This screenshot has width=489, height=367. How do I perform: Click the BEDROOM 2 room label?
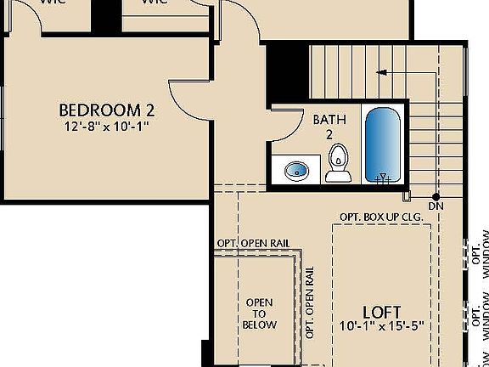[x=106, y=110]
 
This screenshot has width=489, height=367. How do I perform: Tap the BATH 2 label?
[x=329, y=127]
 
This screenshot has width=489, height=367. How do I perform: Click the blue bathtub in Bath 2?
[x=383, y=144]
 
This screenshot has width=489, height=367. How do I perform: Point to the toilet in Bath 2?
[x=338, y=161]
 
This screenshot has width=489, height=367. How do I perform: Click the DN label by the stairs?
[x=436, y=206]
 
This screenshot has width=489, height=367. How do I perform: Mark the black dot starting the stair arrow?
[x=436, y=195]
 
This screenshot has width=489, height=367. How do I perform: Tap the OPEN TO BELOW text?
[x=260, y=313]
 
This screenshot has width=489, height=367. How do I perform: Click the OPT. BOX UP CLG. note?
[x=381, y=217]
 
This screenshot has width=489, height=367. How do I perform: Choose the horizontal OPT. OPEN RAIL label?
[x=253, y=244]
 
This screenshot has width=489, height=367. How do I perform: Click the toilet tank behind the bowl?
[x=338, y=177]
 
